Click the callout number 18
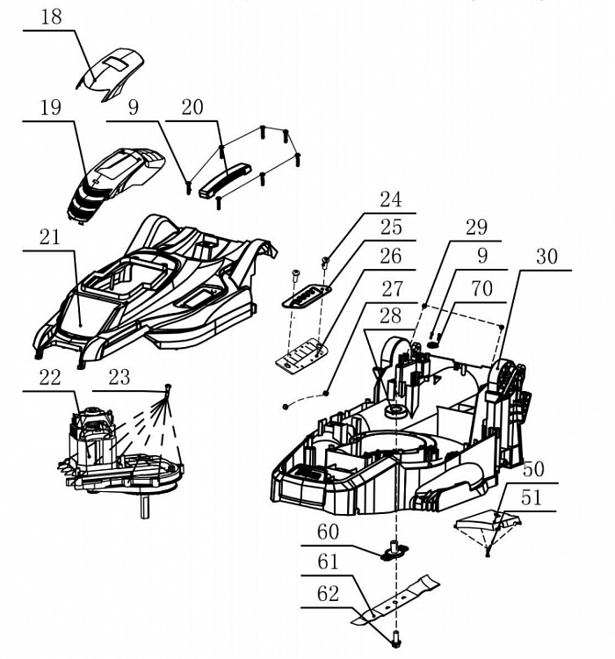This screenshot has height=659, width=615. [51, 18]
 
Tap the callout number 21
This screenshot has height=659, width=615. [50, 237]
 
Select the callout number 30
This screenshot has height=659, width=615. [546, 257]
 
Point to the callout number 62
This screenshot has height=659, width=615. [328, 594]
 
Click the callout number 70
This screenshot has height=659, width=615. [481, 289]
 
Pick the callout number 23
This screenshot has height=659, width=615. [119, 378]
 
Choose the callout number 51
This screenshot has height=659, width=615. [532, 498]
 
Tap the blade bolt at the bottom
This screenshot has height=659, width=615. [396, 640]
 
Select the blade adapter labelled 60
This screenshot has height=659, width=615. [394, 551]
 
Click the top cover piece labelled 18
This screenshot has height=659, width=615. [111, 75]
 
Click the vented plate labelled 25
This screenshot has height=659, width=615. [307, 296]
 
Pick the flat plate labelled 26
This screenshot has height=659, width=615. [302, 356]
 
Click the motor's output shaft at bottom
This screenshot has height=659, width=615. [145, 505]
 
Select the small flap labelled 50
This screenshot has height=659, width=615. [488, 521]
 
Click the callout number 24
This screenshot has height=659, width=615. [391, 199]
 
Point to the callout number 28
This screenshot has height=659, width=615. [390, 316]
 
